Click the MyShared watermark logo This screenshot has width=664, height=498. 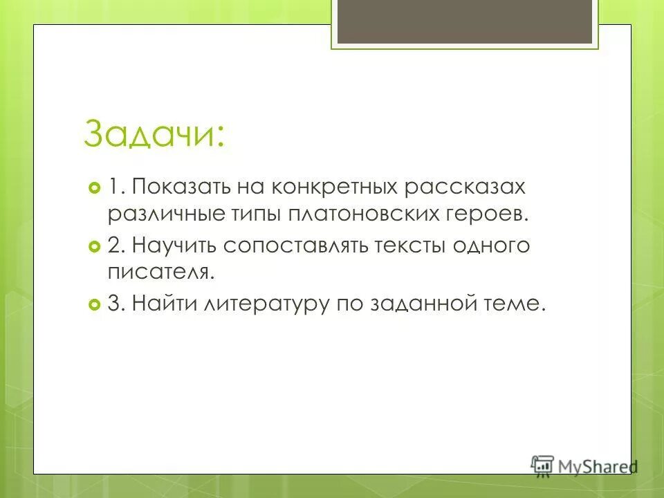click(584, 465)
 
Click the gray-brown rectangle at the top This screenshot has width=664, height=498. click(464, 21)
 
